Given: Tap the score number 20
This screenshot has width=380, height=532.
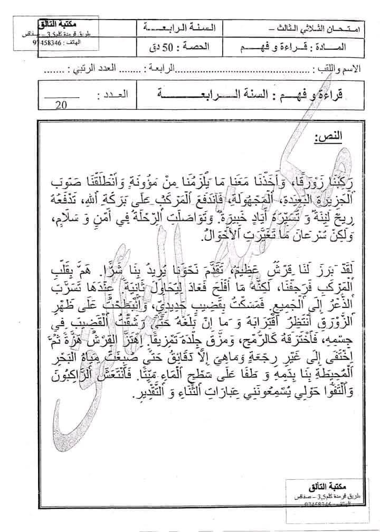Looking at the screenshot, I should tap(61, 105).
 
